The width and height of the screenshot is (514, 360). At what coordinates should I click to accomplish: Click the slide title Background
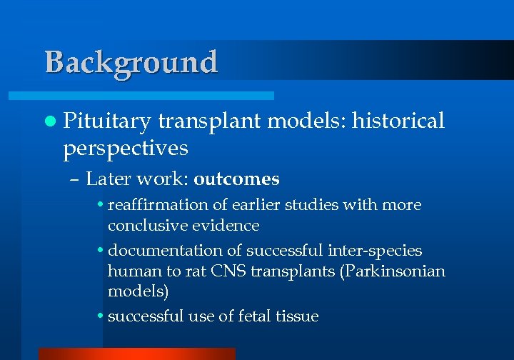[131, 63]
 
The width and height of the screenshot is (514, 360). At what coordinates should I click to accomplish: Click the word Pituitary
[107, 122]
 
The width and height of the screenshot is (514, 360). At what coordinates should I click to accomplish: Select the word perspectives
[126, 148]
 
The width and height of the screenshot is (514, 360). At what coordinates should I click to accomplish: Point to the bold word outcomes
[236, 179]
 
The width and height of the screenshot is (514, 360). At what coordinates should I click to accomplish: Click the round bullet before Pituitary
[49, 122]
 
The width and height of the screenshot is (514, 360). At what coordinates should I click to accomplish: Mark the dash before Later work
[76, 179]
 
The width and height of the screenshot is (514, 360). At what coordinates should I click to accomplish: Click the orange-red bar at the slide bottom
[136, 354]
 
